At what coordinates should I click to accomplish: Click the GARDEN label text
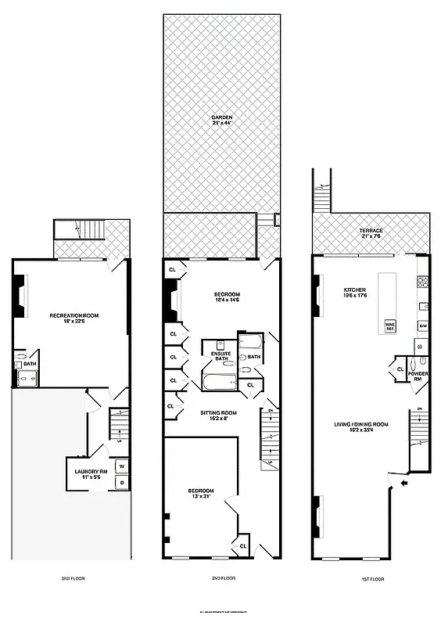tap(221, 117)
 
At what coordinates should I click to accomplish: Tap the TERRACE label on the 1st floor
tap(371, 231)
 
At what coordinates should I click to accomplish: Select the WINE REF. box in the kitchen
tap(389, 326)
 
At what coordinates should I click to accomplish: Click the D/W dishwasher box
tap(423, 325)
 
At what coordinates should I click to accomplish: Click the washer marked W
tap(122, 467)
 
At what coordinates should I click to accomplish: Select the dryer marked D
tap(122, 483)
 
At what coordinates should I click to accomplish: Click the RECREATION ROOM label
tap(72, 315)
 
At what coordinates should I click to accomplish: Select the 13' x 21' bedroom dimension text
tap(202, 496)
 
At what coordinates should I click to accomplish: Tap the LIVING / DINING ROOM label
tap(360, 423)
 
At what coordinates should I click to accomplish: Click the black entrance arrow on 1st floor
tap(403, 485)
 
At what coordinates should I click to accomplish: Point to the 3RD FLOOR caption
tap(72, 579)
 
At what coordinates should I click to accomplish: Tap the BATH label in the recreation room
tap(30, 364)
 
